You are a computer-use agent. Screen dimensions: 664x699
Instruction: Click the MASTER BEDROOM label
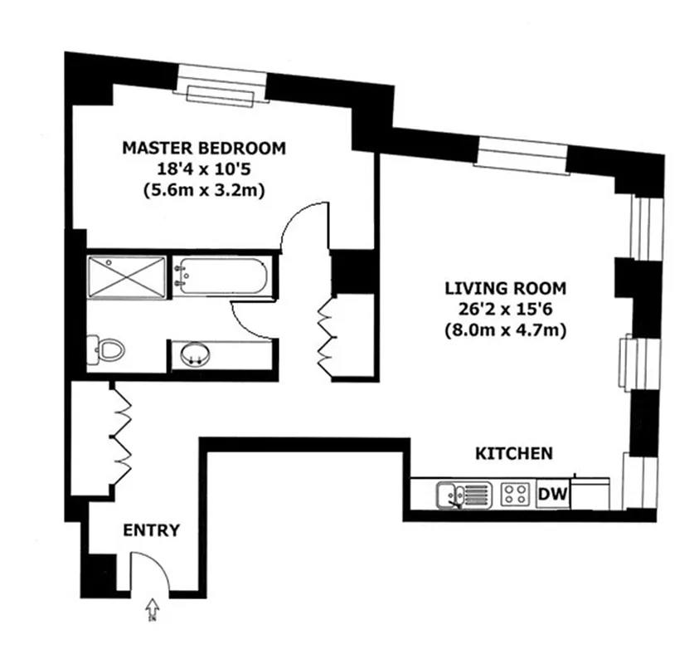pos(203,149)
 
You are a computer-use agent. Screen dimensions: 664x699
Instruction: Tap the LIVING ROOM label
pos(505,289)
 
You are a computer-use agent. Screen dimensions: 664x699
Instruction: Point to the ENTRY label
pos(151,530)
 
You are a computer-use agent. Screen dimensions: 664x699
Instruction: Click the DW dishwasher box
pos(553,495)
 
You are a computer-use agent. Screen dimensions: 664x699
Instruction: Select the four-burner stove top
pos(515,495)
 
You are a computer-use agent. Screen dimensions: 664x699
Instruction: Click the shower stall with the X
pos(127,277)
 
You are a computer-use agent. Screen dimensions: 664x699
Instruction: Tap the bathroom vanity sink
pos(197,354)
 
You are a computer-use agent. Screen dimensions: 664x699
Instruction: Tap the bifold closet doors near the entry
pos(122,437)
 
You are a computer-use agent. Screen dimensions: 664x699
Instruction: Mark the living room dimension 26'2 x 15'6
pos(505,310)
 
